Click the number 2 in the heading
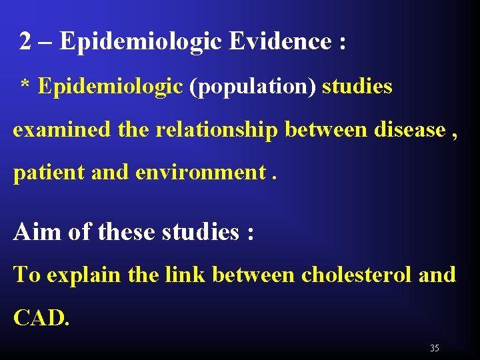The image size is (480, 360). (25, 42)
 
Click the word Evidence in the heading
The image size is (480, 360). (280, 42)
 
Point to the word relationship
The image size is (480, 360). (216, 129)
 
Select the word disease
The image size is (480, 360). (410, 129)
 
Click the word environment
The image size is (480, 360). (201, 172)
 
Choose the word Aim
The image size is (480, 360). (35, 232)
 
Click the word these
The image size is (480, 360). (128, 232)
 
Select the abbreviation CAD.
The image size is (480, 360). (40, 317)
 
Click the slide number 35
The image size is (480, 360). (435, 348)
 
